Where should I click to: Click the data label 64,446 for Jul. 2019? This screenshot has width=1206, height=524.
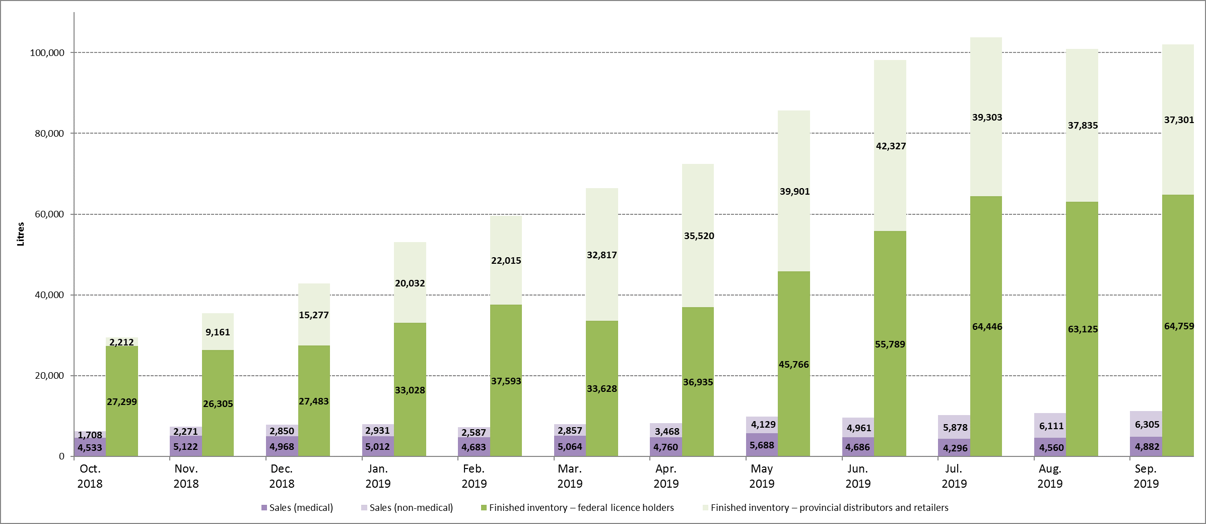(x=987, y=327)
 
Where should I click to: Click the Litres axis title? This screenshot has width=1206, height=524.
(x=21, y=234)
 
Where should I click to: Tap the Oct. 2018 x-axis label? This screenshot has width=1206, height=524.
(x=90, y=476)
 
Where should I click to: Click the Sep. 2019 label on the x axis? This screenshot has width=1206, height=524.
(x=1146, y=476)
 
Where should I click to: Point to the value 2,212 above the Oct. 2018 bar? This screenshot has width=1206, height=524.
(x=121, y=342)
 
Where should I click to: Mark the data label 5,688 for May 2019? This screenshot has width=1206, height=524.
(x=762, y=445)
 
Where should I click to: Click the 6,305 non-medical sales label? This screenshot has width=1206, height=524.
(x=1147, y=425)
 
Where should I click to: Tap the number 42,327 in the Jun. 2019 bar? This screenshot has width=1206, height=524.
(x=891, y=146)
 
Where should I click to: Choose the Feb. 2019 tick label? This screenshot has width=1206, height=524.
(x=474, y=476)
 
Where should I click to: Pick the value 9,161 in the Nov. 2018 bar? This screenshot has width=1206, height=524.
(x=218, y=332)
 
